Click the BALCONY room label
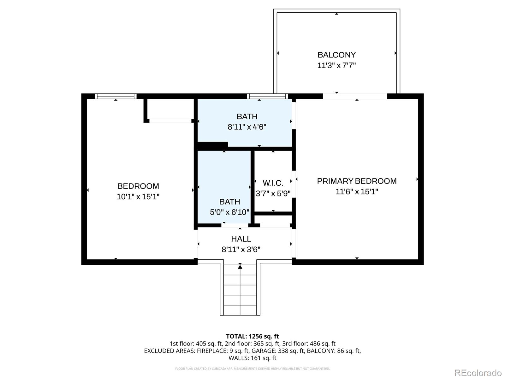pos(336,55)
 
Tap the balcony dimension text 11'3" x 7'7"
pos(336,66)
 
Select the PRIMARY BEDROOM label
pos(357,181)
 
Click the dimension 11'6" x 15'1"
pos(357,192)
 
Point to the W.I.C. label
pos(273,183)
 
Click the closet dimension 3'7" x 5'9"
pos(273,193)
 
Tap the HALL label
pos(241,239)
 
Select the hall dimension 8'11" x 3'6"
pos(241,250)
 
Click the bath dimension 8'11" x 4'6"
pos(247,127)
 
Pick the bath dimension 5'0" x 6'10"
pos(229,212)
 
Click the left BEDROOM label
pos(138,186)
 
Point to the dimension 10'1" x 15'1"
pos(138,197)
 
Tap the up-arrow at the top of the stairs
pos(240,267)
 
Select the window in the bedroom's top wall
pos(116,96)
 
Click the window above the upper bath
pos(267,96)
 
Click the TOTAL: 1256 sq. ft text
pos(252,336)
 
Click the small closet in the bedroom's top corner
pos(170,109)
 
